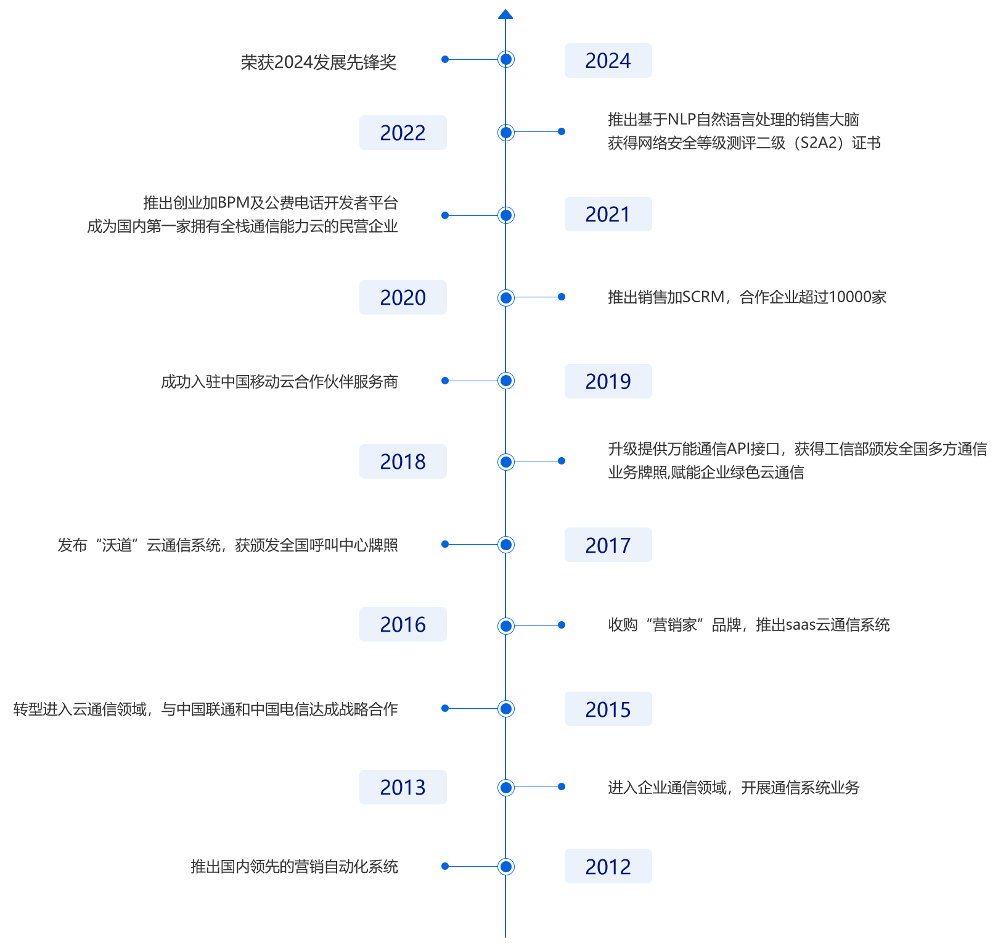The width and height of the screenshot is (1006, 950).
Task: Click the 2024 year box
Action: tap(608, 60)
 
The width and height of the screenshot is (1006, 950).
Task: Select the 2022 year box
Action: tap(403, 133)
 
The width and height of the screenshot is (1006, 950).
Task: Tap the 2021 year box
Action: tap(608, 214)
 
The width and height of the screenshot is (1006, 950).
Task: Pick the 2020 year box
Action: tap(403, 297)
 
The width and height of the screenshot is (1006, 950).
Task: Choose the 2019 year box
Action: tap(608, 381)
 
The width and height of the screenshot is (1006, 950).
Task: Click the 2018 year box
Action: tap(403, 461)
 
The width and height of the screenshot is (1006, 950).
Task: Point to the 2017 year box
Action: tap(608, 545)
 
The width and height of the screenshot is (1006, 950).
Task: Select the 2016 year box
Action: tap(403, 624)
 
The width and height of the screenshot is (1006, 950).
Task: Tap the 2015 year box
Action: tap(608, 709)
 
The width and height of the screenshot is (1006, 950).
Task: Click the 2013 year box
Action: tap(403, 787)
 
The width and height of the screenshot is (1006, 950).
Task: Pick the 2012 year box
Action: tap(608, 866)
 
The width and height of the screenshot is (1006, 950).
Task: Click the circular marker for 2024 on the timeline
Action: tap(505, 59)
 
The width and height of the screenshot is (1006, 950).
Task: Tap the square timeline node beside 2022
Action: tap(505, 132)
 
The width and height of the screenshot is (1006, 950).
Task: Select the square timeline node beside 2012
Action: tap(505, 866)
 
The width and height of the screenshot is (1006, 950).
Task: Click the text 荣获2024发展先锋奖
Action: tap(319, 62)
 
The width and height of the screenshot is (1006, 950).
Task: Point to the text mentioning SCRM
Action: tap(747, 297)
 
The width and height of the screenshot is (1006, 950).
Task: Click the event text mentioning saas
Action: tap(749, 625)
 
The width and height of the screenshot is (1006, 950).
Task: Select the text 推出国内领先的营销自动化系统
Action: tap(295, 867)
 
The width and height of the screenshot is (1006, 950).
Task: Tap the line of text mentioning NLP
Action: tap(734, 120)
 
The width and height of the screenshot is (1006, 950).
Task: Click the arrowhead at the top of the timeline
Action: tap(505, 14)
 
